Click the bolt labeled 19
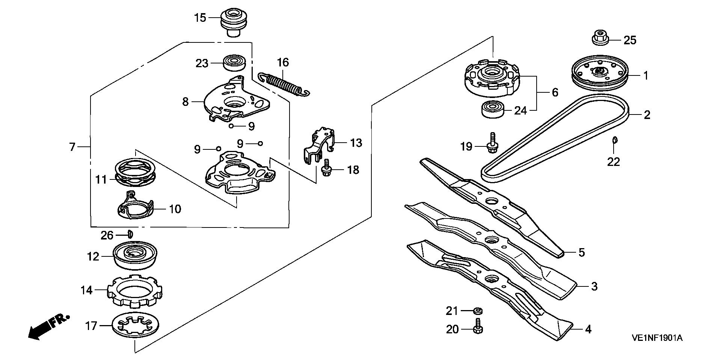tap(492, 143)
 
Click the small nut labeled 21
tap(477, 311)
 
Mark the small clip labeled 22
tap(615, 140)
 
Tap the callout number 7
tap(72, 146)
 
